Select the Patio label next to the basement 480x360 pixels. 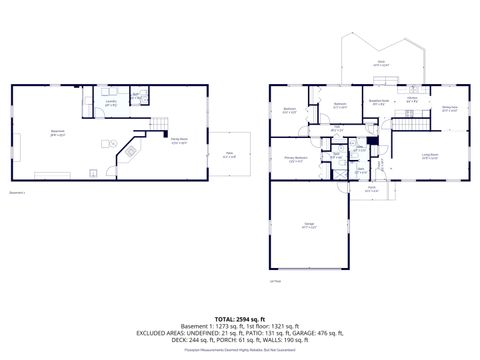tap(229, 154)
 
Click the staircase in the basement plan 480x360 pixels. tap(157, 124)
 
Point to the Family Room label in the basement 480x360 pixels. tap(180, 140)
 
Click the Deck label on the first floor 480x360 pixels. tap(381, 63)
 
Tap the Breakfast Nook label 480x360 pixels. tap(378, 102)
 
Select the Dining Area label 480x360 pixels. tap(449, 109)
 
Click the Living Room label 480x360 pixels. tap(429, 155)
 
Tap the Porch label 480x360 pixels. tap(371, 188)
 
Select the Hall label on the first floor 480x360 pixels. tap(337, 129)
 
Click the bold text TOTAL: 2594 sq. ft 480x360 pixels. tap(239, 316)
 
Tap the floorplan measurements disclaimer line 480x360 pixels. tap(239, 350)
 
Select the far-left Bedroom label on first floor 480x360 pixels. tap(289, 109)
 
